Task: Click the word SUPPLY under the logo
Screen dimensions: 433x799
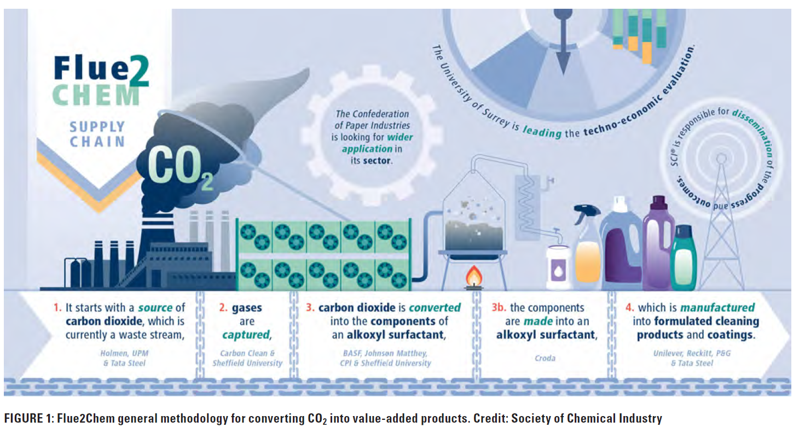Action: coord(97,127)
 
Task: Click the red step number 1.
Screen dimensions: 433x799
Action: coord(57,308)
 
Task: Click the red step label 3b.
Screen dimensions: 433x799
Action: coord(499,308)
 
